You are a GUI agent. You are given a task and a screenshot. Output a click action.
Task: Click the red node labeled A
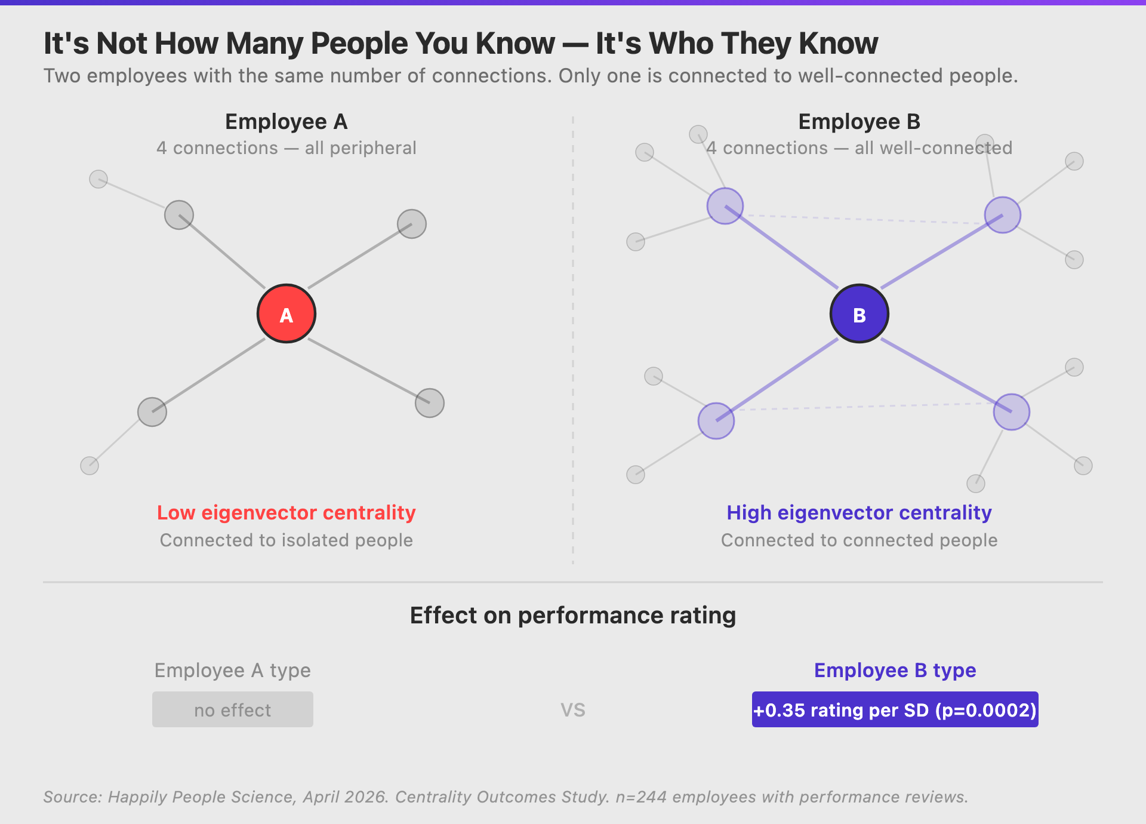(286, 313)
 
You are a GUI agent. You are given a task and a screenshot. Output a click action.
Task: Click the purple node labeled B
(860, 313)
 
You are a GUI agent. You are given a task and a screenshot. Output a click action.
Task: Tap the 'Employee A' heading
(286, 122)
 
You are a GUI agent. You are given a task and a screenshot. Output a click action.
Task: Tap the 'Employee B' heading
(860, 122)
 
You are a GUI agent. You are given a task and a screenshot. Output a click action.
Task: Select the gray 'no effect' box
(233, 709)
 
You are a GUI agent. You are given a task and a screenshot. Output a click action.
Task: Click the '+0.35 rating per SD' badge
(895, 709)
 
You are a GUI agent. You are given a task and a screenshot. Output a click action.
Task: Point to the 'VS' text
(573, 710)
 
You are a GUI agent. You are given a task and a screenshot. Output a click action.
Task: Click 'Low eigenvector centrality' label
(286, 512)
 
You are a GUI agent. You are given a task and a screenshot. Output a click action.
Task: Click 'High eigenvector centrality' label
(860, 512)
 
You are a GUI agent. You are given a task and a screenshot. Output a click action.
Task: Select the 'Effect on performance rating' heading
(573, 616)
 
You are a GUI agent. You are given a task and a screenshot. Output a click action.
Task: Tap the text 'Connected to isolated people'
(286, 540)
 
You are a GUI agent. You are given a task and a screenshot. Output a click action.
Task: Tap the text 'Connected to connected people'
(860, 540)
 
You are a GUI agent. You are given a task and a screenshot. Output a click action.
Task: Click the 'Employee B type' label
(895, 670)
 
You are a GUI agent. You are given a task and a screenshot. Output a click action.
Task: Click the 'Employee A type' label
(233, 670)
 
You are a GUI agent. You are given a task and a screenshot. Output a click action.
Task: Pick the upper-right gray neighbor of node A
(412, 224)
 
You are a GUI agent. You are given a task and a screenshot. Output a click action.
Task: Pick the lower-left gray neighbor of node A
(152, 412)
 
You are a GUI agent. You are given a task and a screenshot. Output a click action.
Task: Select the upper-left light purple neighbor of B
(725, 206)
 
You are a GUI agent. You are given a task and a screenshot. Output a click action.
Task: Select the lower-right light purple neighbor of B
(1012, 412)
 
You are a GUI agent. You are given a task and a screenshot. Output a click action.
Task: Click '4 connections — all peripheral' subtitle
(286, 148)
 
